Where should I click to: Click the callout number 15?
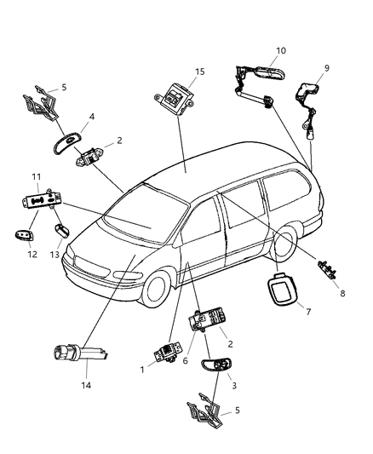tap(201, 71)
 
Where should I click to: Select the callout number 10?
tap(281, 50)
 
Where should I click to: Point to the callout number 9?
tap(325, 67)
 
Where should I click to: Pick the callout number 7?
tap(308, 313)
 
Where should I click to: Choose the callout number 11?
tap(37, 176)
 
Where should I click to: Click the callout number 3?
tap(234, 384)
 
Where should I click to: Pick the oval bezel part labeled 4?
tap(70, 143)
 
